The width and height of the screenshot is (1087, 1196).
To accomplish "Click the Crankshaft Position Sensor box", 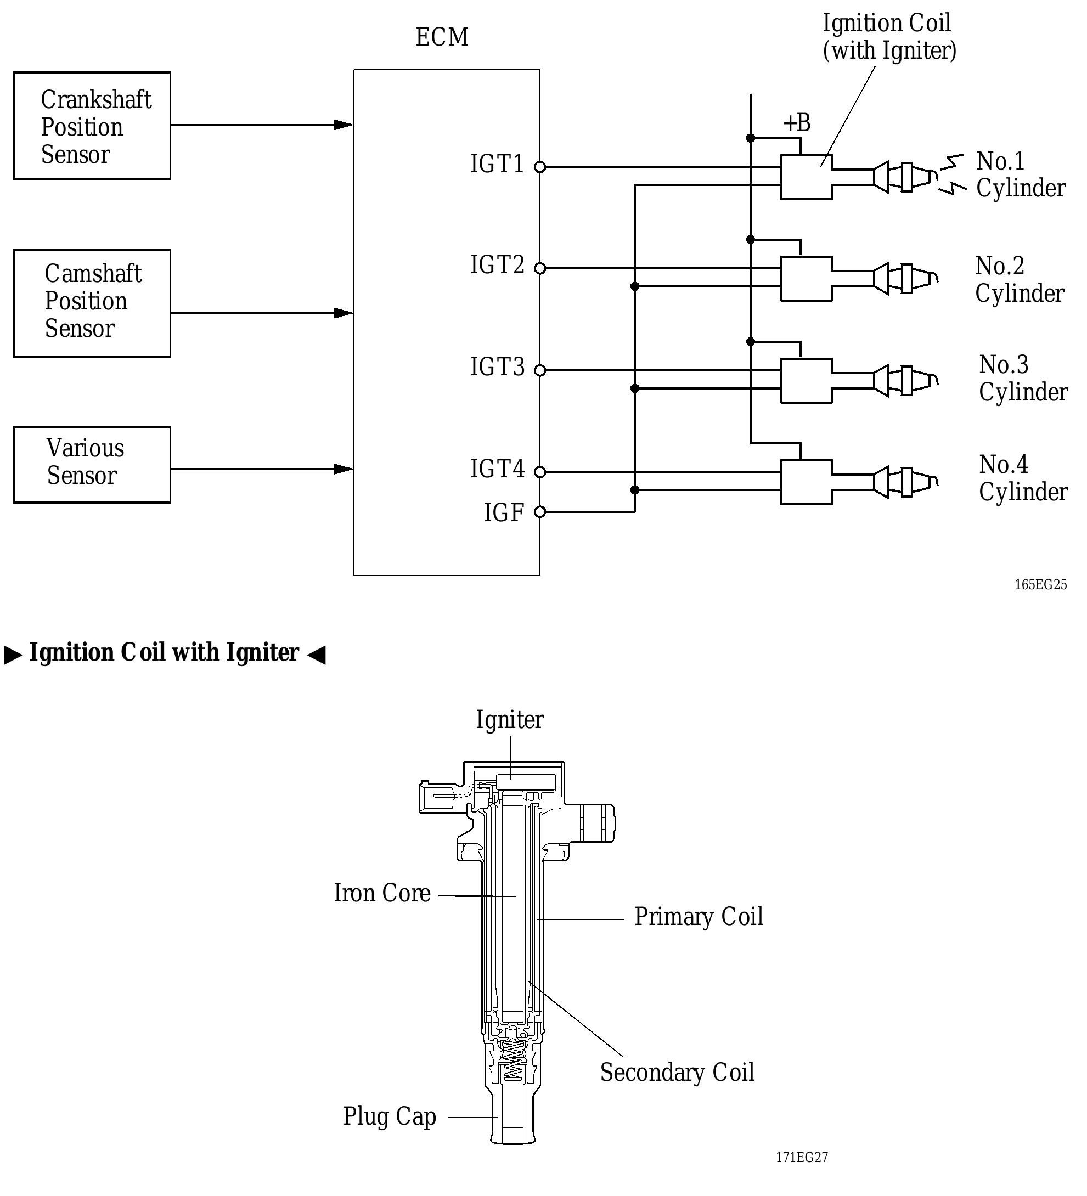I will tap(92, 126).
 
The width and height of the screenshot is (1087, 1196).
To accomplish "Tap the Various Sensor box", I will tap(92, 465).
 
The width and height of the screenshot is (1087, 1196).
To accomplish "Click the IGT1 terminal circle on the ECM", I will tap(539, 167).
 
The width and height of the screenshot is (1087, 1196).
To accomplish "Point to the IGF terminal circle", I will tap(539, 511).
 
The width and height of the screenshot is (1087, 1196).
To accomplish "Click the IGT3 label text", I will tap(497, 367).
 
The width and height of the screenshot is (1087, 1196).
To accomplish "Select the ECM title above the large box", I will tap(442, 37).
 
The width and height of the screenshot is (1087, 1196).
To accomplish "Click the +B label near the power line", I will tap(796, 123).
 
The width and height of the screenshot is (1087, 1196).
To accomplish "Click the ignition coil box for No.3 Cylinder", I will tap(806, 381).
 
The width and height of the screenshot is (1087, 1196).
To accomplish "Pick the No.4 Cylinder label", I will tap(1022, 478).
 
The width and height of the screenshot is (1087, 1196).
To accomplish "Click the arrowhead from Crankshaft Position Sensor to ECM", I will tap(343, 125).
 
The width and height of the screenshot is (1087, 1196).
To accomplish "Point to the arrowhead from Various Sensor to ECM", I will tap(343, 469).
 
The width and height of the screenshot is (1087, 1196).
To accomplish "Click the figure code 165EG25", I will tap(1040, 585).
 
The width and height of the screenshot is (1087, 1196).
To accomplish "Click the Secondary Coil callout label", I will tap(677, 1073).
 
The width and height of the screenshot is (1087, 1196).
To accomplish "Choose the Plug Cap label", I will tap(389, 1116).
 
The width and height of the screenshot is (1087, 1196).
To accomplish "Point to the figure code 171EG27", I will tap(802, 1157).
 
